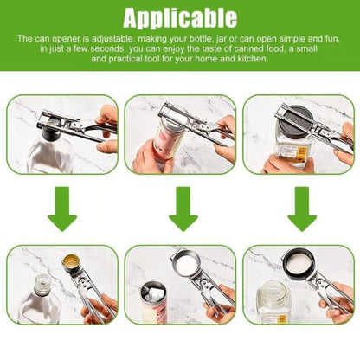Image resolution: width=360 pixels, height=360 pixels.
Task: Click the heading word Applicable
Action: (180, 17)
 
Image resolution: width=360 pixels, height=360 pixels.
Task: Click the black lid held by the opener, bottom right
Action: (302, 263)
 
